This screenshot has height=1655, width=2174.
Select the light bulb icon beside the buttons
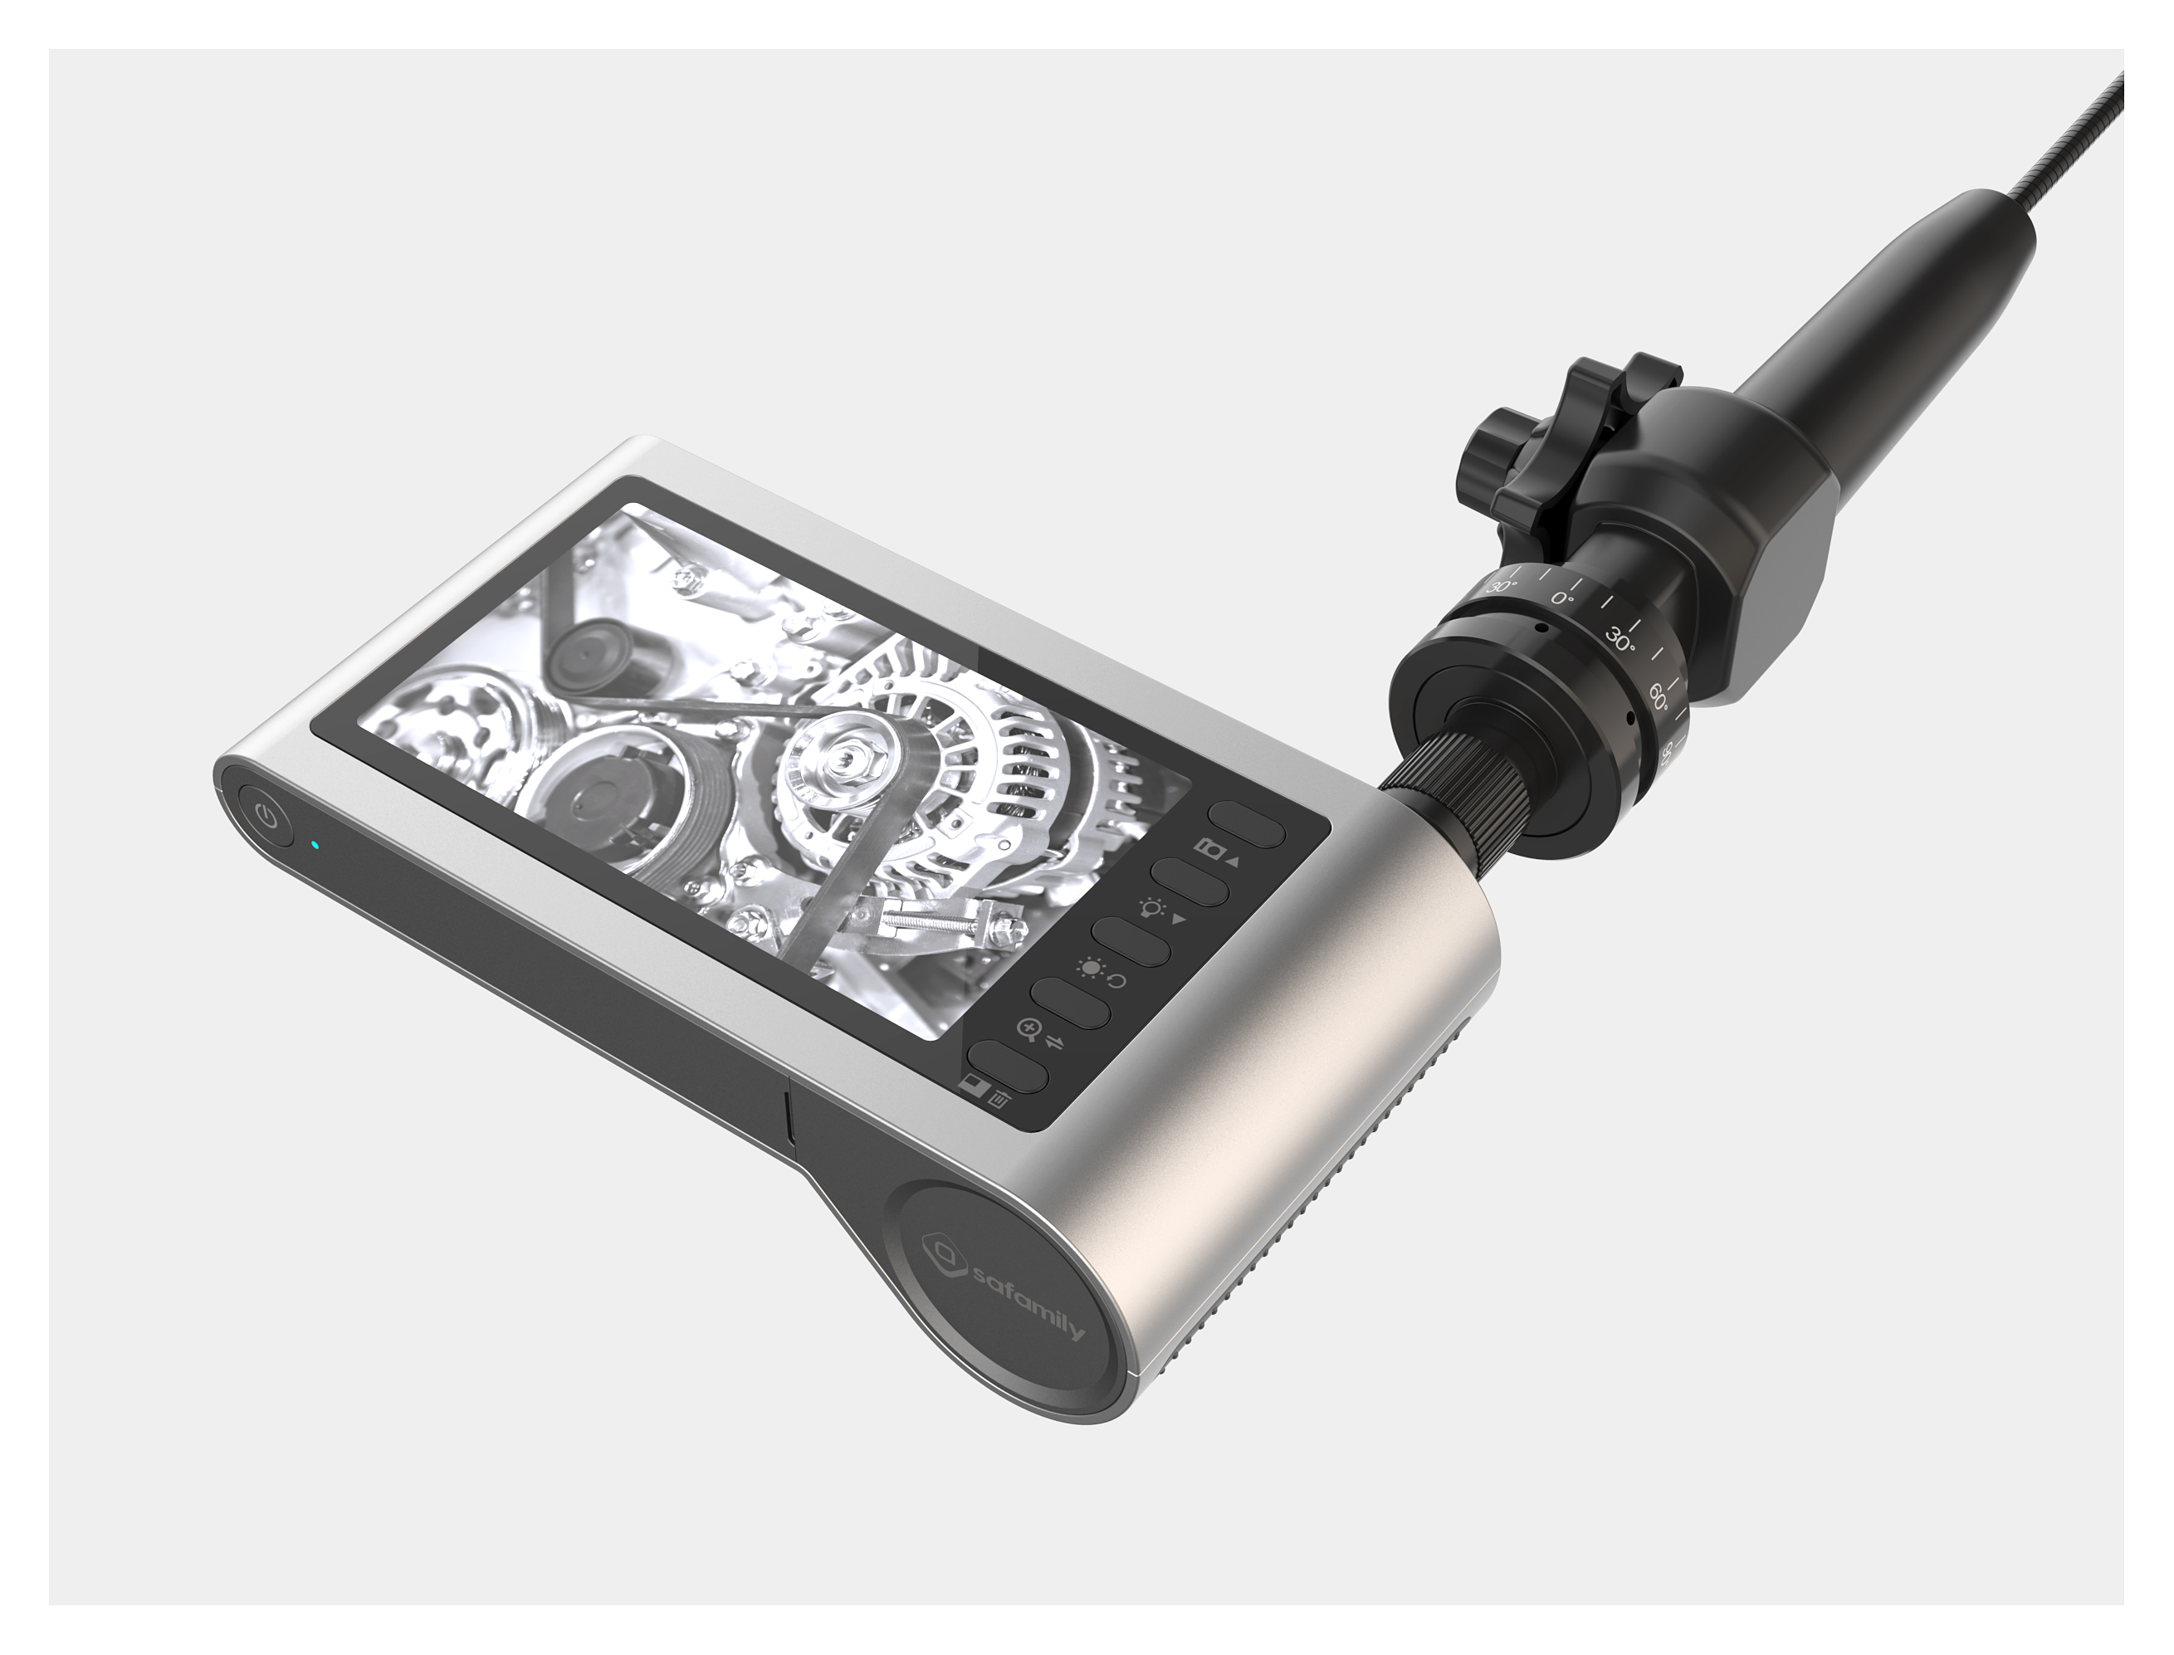(1150, 907)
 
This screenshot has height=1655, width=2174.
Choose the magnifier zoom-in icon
(1028, 1032)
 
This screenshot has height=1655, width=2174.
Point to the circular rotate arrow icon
(1118, 981)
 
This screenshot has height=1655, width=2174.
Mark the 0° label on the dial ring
(1562, 598)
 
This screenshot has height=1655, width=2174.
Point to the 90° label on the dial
(1667, 754)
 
